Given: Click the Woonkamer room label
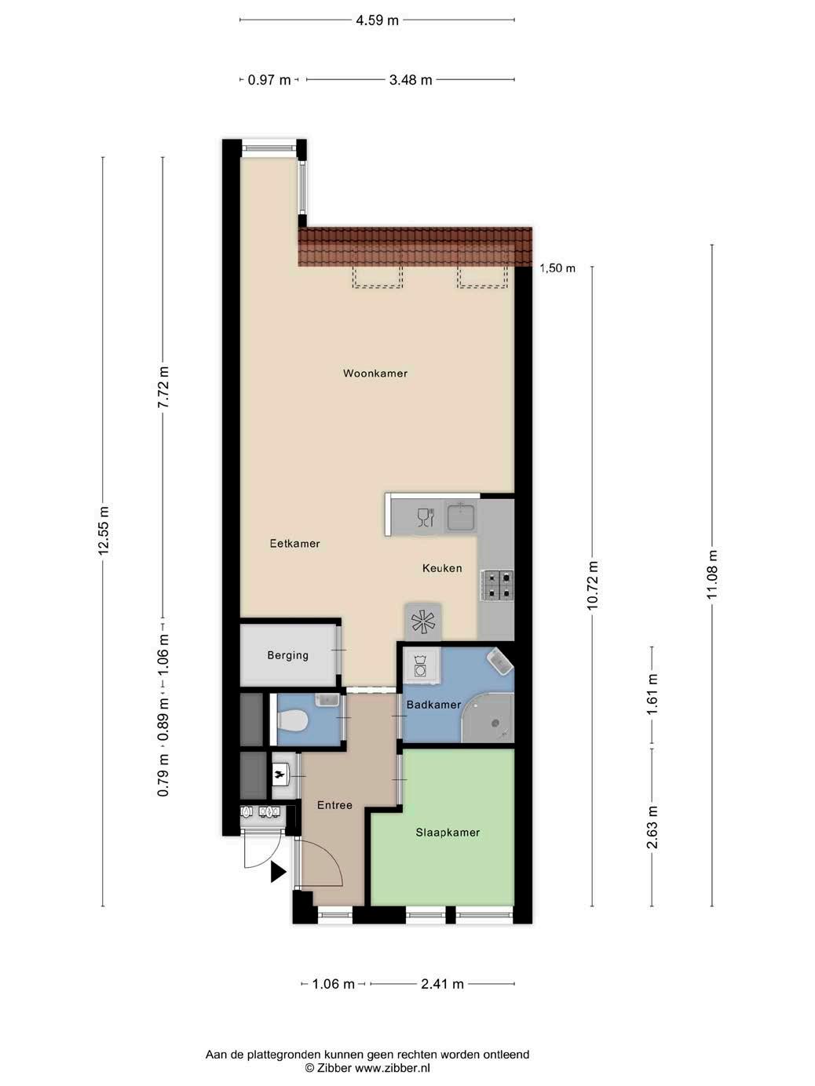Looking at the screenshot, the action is tap(375, 373).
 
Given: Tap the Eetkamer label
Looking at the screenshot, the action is tap(295, 543).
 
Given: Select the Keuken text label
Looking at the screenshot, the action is tap(442, 568).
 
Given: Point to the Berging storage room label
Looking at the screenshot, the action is tap(287, 655).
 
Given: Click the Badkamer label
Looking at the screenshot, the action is tap(433, 705).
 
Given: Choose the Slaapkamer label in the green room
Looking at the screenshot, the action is tap(448, 833).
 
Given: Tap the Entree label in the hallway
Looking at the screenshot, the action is tap(334, 805).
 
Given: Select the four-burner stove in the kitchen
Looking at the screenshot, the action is tap(497, 586).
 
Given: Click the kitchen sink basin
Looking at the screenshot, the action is tap(461, 516).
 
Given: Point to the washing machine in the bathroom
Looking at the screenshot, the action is tap(421, 666).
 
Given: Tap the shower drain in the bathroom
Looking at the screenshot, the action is tap(495, 723).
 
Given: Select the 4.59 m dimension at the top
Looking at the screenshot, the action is tap(377, 20).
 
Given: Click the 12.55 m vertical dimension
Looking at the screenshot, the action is tap(104, 530).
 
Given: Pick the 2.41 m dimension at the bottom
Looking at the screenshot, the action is tap(442, 984).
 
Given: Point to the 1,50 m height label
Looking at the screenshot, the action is tap(557, 268).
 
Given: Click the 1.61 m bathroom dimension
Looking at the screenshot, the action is tap(652, 694).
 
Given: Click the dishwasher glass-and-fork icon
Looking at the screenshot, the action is tap(426, 516).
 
